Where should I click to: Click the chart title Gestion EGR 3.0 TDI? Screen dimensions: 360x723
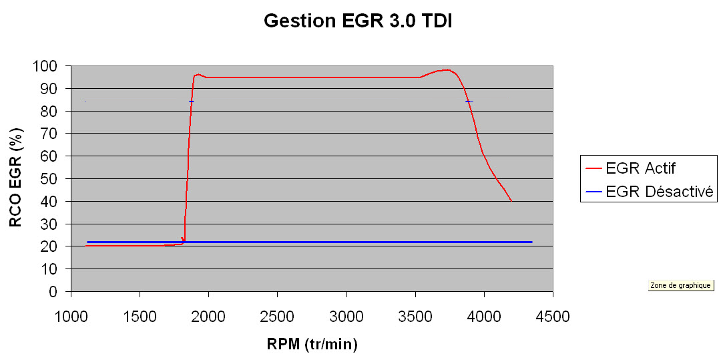[359, 21]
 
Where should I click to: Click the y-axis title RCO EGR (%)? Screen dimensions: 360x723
[16, 179]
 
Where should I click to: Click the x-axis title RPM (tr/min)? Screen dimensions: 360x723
[312, 345]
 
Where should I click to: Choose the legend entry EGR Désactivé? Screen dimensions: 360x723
[660, 192]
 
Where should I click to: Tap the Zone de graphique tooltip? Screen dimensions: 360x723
[680, 285]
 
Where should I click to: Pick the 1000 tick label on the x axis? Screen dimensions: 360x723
[71, 316]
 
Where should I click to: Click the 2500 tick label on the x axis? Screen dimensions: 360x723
[277, 316]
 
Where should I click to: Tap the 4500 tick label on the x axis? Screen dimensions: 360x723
[553, 316]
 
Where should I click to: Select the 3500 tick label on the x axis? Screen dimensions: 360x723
[415, 316]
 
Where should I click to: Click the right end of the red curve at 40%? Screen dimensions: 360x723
[511, 200]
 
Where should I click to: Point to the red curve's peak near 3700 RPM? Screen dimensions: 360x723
[445, 69]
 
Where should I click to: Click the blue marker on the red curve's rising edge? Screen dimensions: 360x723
[191, 102]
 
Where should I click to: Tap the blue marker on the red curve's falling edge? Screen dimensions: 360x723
[469, 102]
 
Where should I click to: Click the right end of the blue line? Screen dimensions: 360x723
[531, 242]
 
